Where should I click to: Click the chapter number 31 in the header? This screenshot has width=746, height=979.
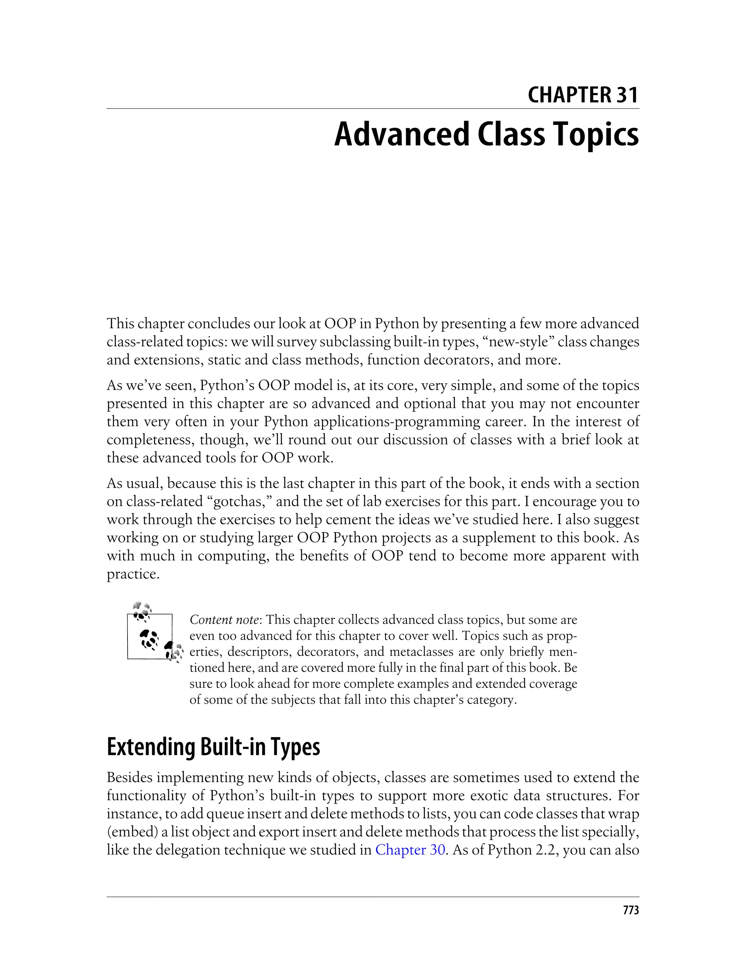click(626, 95)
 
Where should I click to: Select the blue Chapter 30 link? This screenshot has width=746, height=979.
click(410, 850)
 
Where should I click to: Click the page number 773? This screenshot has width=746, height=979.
click(631, 911)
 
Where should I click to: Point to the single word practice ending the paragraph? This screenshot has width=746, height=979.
click(133, 574)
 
